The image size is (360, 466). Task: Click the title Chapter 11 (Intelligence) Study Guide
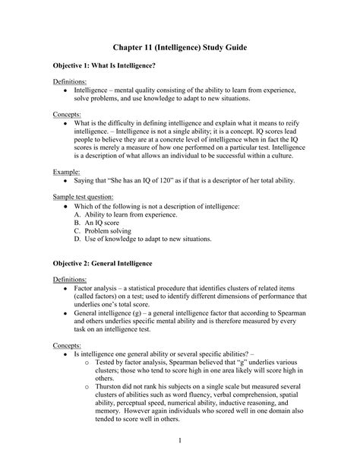[x=180, y=47]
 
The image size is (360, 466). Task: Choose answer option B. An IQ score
[x=103, y=223]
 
